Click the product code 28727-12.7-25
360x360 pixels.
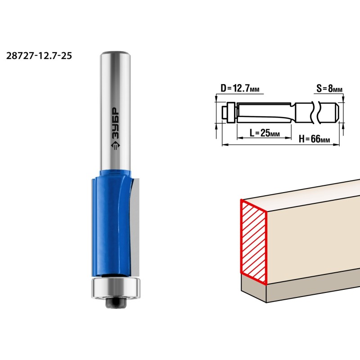tap(39, 56)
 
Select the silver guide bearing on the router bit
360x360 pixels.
tap(116, 288)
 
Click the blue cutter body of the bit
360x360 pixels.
tap(111, 223)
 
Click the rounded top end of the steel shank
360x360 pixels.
tap(116, 54)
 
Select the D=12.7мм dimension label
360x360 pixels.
tap(240, 88)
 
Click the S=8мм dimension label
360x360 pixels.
tap(329, 88)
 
